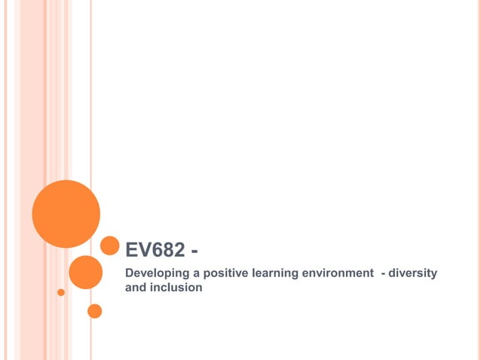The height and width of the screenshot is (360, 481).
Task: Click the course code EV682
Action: pos(155,250)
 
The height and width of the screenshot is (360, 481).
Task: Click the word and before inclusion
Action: pos(135,287)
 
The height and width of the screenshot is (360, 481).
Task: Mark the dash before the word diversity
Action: pos(385,273)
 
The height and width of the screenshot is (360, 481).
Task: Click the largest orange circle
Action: pos(66,214)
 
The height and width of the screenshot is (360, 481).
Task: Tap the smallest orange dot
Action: pos(61,292)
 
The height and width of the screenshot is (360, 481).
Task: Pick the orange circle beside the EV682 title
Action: pos(110,246)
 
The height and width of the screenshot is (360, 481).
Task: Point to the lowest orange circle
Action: pos(95,310)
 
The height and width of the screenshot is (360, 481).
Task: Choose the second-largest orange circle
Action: pos(85,272)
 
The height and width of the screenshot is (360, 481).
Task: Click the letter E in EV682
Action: pos(131,250)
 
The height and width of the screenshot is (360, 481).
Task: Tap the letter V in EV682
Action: pos(143,250)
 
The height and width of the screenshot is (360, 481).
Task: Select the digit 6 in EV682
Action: pos(156,250)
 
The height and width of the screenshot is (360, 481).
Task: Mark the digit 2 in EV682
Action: pos(179,250)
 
